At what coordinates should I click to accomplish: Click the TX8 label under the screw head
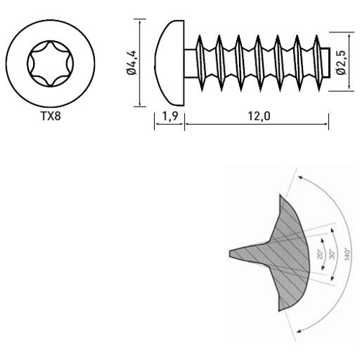point(50,114)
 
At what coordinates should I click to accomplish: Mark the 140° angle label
point(348,256)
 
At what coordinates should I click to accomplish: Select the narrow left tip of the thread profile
point(233,254)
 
